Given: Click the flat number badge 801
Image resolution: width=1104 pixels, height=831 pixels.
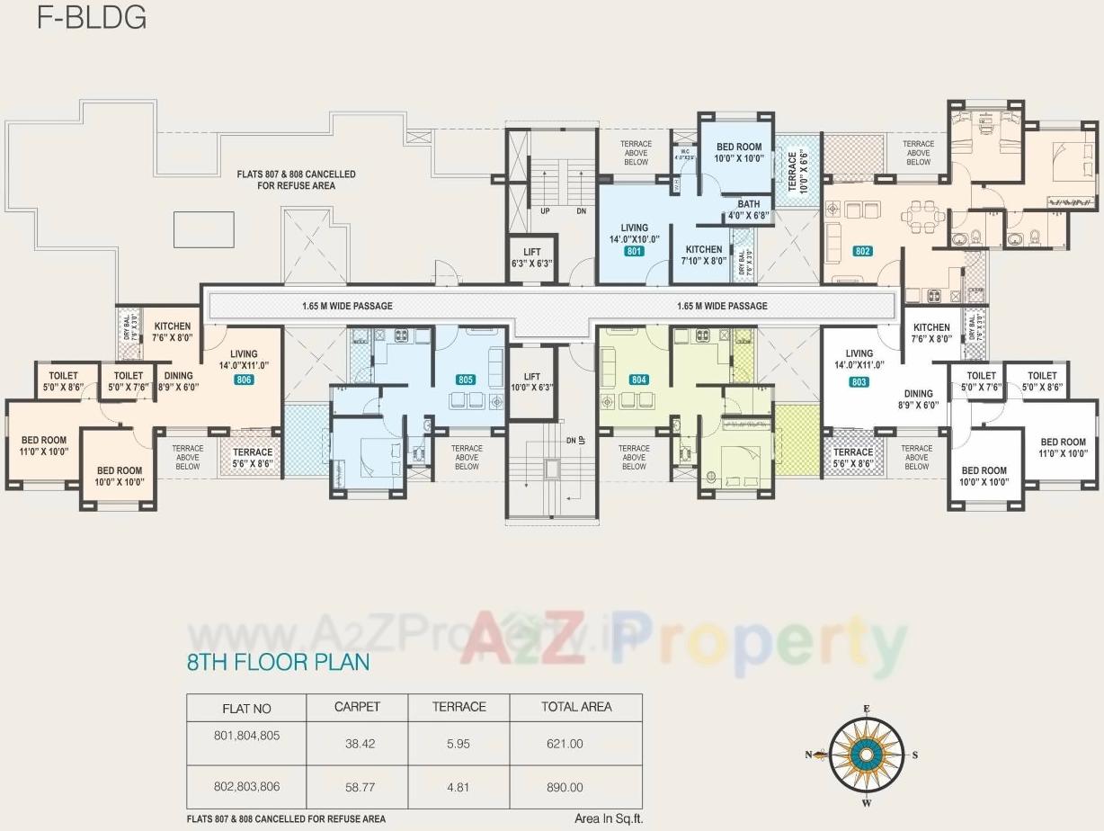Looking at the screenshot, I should pos(635,252).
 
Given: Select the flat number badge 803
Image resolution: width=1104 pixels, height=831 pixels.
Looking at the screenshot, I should pos(859,382).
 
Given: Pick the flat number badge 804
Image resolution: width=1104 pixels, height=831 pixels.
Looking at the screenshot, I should pos(638,380).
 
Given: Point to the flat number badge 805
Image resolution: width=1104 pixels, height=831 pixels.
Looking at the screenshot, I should pos(465,380).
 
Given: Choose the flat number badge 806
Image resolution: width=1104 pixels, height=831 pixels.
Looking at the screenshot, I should pos(243,380).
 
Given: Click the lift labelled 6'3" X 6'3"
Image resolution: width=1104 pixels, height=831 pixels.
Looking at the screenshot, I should pos(531,258).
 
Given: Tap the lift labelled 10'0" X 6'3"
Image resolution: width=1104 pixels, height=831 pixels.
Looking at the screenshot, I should pos(531,382).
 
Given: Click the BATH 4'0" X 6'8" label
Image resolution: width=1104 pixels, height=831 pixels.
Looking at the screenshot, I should pos(749,210).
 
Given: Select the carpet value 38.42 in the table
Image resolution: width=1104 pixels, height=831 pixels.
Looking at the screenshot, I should pos(357,744).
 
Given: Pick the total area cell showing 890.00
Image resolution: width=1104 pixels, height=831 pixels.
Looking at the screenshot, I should pos(565,787).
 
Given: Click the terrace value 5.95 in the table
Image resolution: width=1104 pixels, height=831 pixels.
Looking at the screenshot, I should pos(459,744).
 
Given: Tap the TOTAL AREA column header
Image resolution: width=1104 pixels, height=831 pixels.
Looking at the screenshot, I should pos(575,707).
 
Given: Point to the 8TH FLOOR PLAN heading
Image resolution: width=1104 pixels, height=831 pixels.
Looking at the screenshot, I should pos(278,663).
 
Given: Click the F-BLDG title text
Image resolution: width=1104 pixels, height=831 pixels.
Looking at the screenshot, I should pos(91,18).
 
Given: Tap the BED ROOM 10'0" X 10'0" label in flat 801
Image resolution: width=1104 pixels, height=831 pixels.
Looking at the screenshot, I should pos(738,152).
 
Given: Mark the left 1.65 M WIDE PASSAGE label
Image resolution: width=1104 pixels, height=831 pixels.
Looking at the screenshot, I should pos(347,306).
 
